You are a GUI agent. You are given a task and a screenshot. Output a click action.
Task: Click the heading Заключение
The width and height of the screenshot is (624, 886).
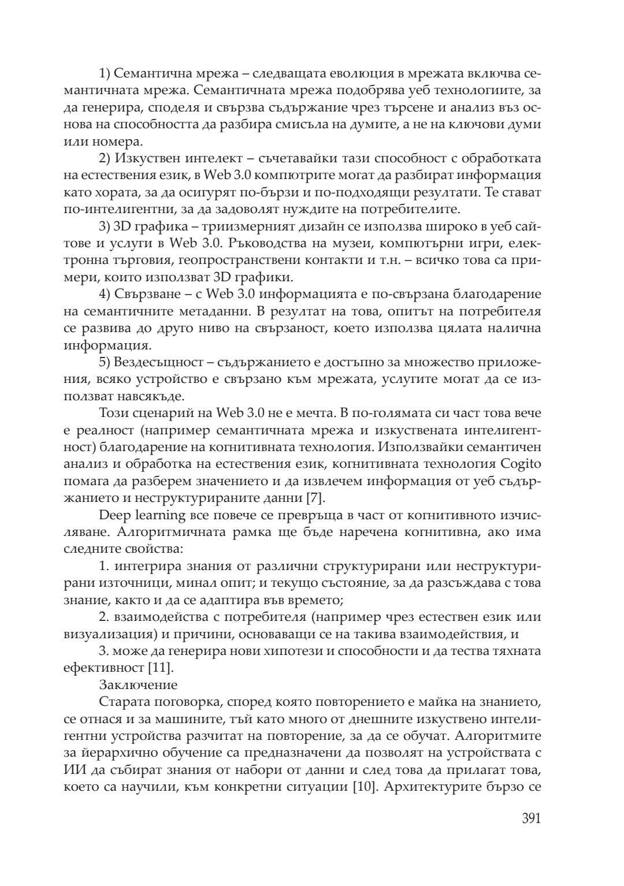pyautogui.click(x=138, y=685)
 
